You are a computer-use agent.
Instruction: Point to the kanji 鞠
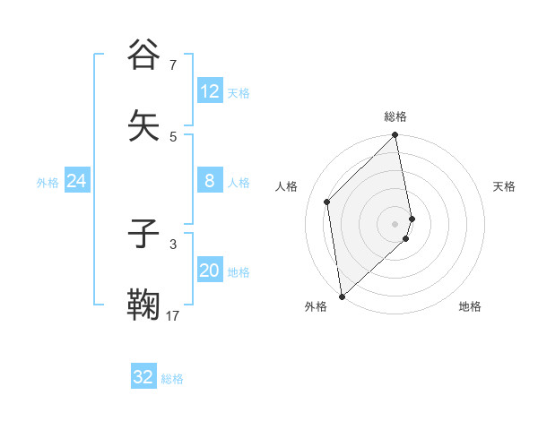coord(144,305)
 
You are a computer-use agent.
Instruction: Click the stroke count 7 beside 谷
coord(173,64)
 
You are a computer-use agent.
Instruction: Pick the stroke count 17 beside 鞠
coord(173,315)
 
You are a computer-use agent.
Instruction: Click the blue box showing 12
coord(210,91)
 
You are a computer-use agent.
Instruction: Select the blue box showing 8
coord(210,182)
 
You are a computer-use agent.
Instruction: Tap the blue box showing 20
coord(210,271)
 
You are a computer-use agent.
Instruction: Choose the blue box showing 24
coord(77,182)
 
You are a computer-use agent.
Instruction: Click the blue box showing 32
coord(143,378)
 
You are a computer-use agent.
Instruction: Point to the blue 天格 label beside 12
coord(239,93)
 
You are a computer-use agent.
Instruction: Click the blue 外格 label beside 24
coord(48,183)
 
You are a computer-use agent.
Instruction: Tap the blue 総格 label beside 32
coord(172,379)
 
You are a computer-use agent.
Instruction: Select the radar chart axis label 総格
coord(395,116)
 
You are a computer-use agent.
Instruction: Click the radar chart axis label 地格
coord(470,307)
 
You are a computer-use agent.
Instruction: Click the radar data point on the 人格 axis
coord(327,202)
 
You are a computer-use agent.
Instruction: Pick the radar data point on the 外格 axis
coord(342,296)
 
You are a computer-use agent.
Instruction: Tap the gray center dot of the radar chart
coord(395,223)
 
